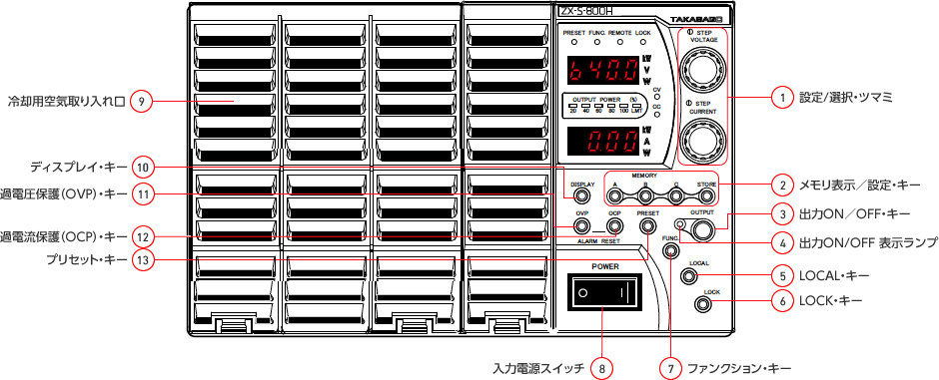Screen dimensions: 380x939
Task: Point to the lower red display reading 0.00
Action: [x=601, y=140]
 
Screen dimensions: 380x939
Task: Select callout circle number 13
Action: [x=144, y=259]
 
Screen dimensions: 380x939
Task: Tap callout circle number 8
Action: [x=601, y=368]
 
